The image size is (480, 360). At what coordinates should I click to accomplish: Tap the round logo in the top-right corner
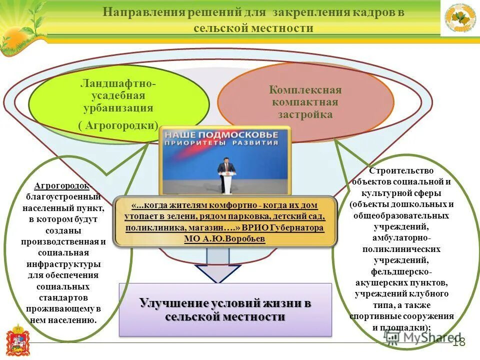pos(460,18)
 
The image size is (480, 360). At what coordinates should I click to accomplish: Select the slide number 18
pos(458,342)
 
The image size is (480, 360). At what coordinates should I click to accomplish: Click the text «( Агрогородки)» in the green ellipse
pos(118,125)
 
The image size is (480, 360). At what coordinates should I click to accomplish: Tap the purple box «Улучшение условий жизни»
pos(225,309)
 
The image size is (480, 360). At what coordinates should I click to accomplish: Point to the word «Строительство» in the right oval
pos(401,170)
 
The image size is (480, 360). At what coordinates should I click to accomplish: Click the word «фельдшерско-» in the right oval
pos(401,271)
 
